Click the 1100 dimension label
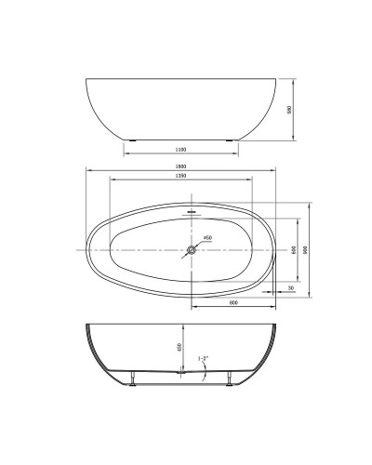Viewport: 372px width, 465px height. [181, 149]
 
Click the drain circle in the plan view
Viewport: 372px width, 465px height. [193, 249]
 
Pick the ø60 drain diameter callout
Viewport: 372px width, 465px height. [208, 239]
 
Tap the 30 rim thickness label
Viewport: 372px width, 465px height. [291, 289]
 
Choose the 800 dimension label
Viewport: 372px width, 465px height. [232, 303]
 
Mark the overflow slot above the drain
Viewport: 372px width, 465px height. [193, 212]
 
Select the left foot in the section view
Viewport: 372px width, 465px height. [137, 378]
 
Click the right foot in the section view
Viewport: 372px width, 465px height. [228, 378]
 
